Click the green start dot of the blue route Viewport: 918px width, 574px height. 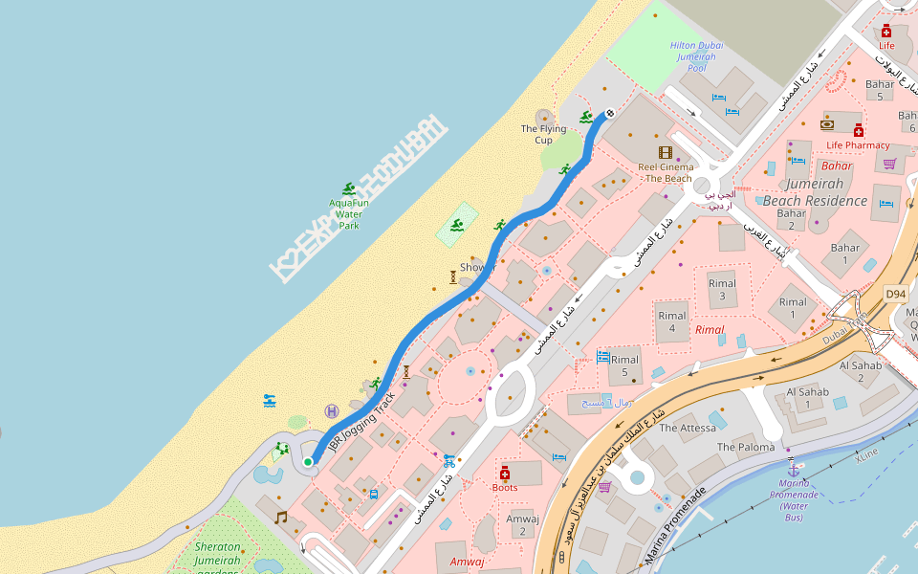coord(308,462)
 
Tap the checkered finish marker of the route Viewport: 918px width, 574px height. coord(609,113)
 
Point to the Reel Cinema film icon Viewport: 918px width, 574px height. coord(666,151)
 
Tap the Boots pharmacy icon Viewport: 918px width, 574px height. coord(505,473)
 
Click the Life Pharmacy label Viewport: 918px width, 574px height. coord(858,145)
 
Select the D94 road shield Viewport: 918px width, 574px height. coord(894,294)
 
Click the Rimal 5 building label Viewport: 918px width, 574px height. coord(624,365)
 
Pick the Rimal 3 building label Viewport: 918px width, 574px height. coord(722,290)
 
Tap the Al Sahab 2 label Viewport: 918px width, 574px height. coord(860,371)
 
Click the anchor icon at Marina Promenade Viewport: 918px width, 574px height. coord(792,470)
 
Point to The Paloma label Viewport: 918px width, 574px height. coord(746,447)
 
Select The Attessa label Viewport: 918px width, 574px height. coord(688,428)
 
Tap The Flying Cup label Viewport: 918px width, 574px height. coord(543,134)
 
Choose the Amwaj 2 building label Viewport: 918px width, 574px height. coord(523,524)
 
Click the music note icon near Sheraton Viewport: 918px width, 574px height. coord(280,517)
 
